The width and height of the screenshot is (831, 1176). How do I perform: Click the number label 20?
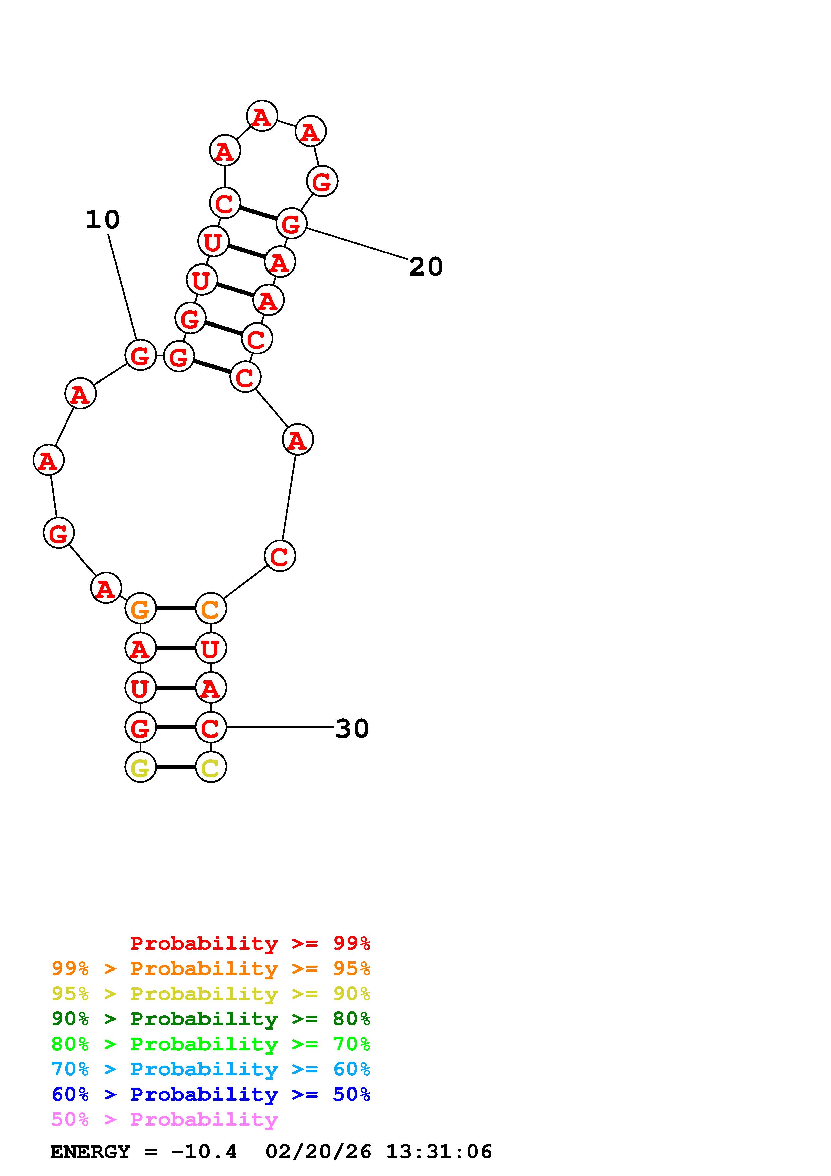[x=425, y=267]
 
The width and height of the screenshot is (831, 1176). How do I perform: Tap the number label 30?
[x=352, y=728]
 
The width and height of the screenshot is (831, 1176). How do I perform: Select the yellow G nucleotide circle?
[x=140, y=767]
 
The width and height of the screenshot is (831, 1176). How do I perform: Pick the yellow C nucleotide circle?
[x=211, y=767]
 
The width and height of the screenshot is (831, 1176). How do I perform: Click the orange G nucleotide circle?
[x=140, y=608]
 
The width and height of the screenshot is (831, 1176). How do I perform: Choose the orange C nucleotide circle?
[x=211, y=608]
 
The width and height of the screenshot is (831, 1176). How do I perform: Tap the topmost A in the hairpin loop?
[x=262, y=116]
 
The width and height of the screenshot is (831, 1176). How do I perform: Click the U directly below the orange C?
[x=211, y=648]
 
